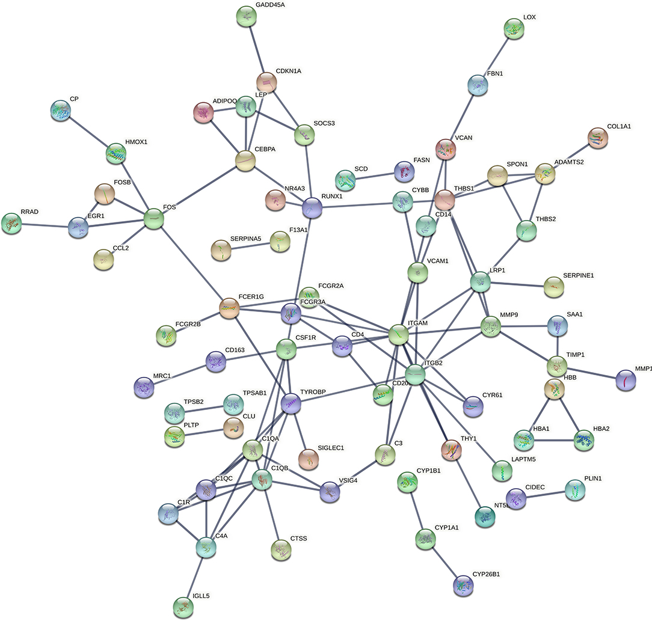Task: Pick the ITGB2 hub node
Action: (416, 375)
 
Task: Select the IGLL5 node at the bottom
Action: (183, 607)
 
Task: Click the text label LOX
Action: (529, 17)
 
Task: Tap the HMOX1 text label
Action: (136, 142)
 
